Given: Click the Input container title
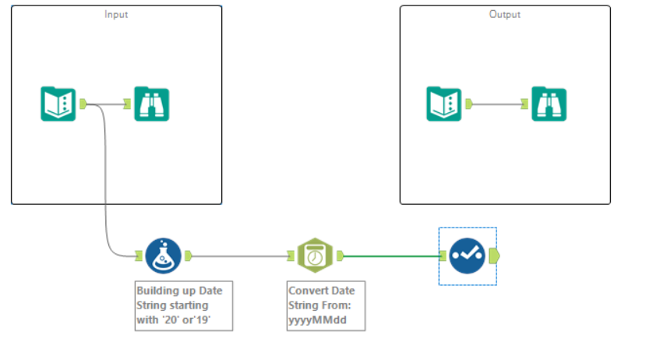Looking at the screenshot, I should point(116,15).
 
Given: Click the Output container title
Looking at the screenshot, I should point(504,15).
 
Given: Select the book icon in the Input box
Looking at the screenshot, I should point(58,104).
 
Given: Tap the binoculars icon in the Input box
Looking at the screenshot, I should point(151,104).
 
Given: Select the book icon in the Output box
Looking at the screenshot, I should point(444,104).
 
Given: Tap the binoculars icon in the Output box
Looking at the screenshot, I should point(549,104).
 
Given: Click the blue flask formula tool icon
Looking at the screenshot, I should point(164,255).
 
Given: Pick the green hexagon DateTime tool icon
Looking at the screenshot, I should point(316,255).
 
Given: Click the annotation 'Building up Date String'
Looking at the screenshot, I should point(183,305).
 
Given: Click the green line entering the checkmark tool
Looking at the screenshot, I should point(390,255).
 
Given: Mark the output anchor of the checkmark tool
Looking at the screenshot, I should point(496,255).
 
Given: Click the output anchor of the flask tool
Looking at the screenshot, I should point(187,255).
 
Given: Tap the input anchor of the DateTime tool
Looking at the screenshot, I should point(291,255).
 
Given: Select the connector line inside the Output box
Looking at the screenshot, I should point(499,104).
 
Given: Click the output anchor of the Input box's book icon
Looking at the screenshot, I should point(83,104).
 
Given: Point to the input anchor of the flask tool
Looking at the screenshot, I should point(139,255).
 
